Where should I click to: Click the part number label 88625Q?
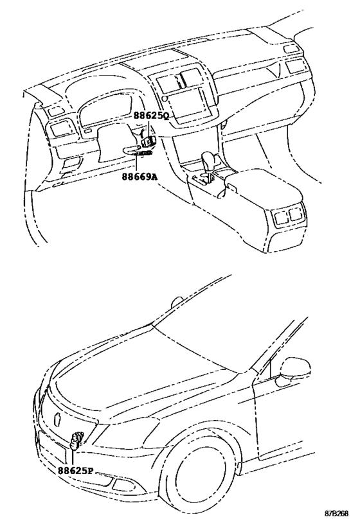pos(151,116)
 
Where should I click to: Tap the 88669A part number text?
pos(139,177)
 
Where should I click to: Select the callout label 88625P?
pos(75,471)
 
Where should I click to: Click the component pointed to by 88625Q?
pos(148,141)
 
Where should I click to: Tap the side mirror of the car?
pos(294,367)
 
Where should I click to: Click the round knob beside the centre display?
pos(165,98)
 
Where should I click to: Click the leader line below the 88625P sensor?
pos(73,457)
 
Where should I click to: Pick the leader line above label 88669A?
pos(137,164)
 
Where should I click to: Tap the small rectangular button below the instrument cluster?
pos(87,131)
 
